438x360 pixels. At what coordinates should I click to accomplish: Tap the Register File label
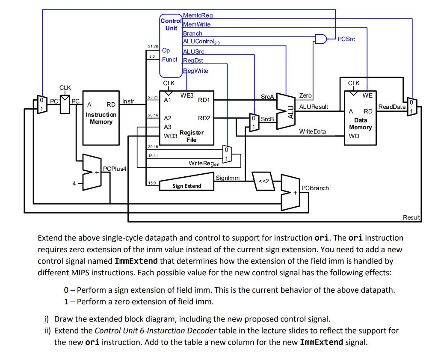tap(191, 136)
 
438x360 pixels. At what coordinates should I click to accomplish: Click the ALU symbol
tap(286, 110)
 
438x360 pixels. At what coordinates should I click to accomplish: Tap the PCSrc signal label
tap(346, 39)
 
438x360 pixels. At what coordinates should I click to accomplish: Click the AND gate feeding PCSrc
tap(320, 39)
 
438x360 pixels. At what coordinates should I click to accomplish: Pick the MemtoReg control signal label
tap(198, 16)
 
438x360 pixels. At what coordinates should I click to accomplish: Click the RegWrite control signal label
tap(195, 71)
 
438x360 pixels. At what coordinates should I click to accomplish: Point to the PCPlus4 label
tap(115, 169)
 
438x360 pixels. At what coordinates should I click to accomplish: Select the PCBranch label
tap(315, 188)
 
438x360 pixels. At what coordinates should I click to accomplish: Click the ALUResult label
tap(313, 106)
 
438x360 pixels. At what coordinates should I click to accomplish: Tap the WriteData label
tap(312, 131)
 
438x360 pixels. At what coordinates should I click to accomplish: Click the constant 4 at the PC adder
tap(74, 183)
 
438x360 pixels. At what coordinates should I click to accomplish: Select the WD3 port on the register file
tap(171, 136)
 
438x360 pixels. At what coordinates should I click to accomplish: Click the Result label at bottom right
tap(411, 217)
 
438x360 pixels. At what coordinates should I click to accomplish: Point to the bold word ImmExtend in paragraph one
tap(136, 261)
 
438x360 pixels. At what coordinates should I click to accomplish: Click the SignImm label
tap(228, 177)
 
